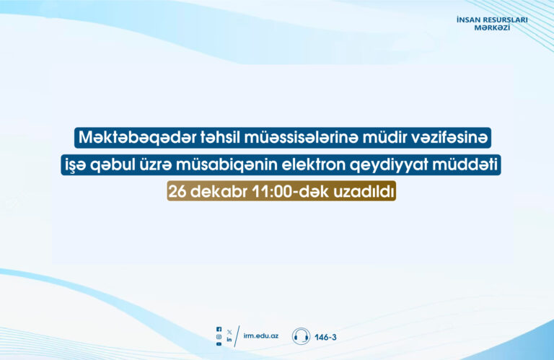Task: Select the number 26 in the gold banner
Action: (177, 192)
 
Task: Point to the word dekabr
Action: (219, 191)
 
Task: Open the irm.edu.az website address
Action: (260, 335)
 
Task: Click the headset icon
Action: (301, 336)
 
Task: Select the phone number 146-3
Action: (325, 338)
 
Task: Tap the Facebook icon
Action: (219, 329)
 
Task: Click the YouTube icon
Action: (219, 343)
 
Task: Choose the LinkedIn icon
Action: (229, 340)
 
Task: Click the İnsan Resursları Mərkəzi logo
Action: (492, 23)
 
